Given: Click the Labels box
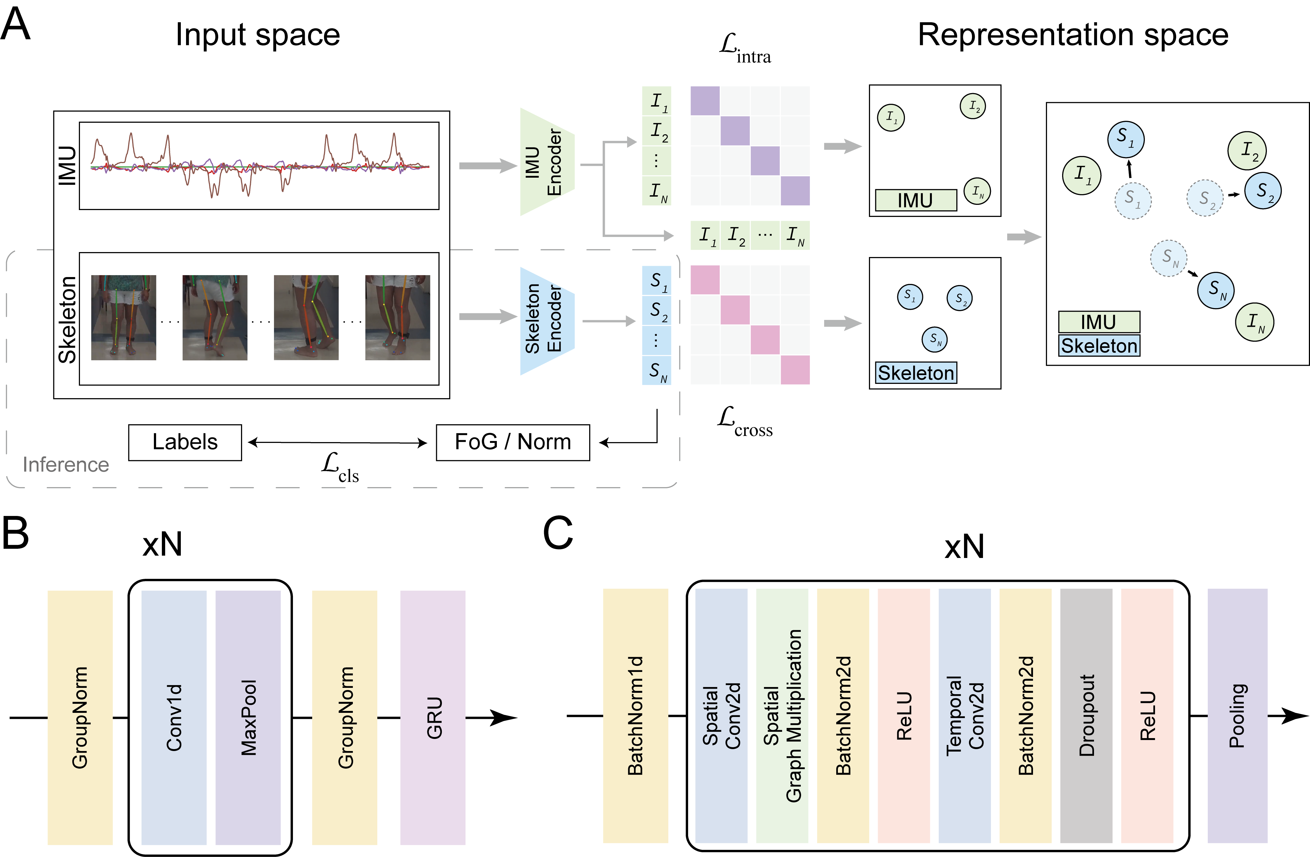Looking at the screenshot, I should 185,442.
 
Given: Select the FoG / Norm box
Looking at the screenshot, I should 513,442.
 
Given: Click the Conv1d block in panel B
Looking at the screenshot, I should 174,717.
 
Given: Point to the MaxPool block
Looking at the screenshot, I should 248,717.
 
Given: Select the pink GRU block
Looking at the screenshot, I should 433,717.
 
